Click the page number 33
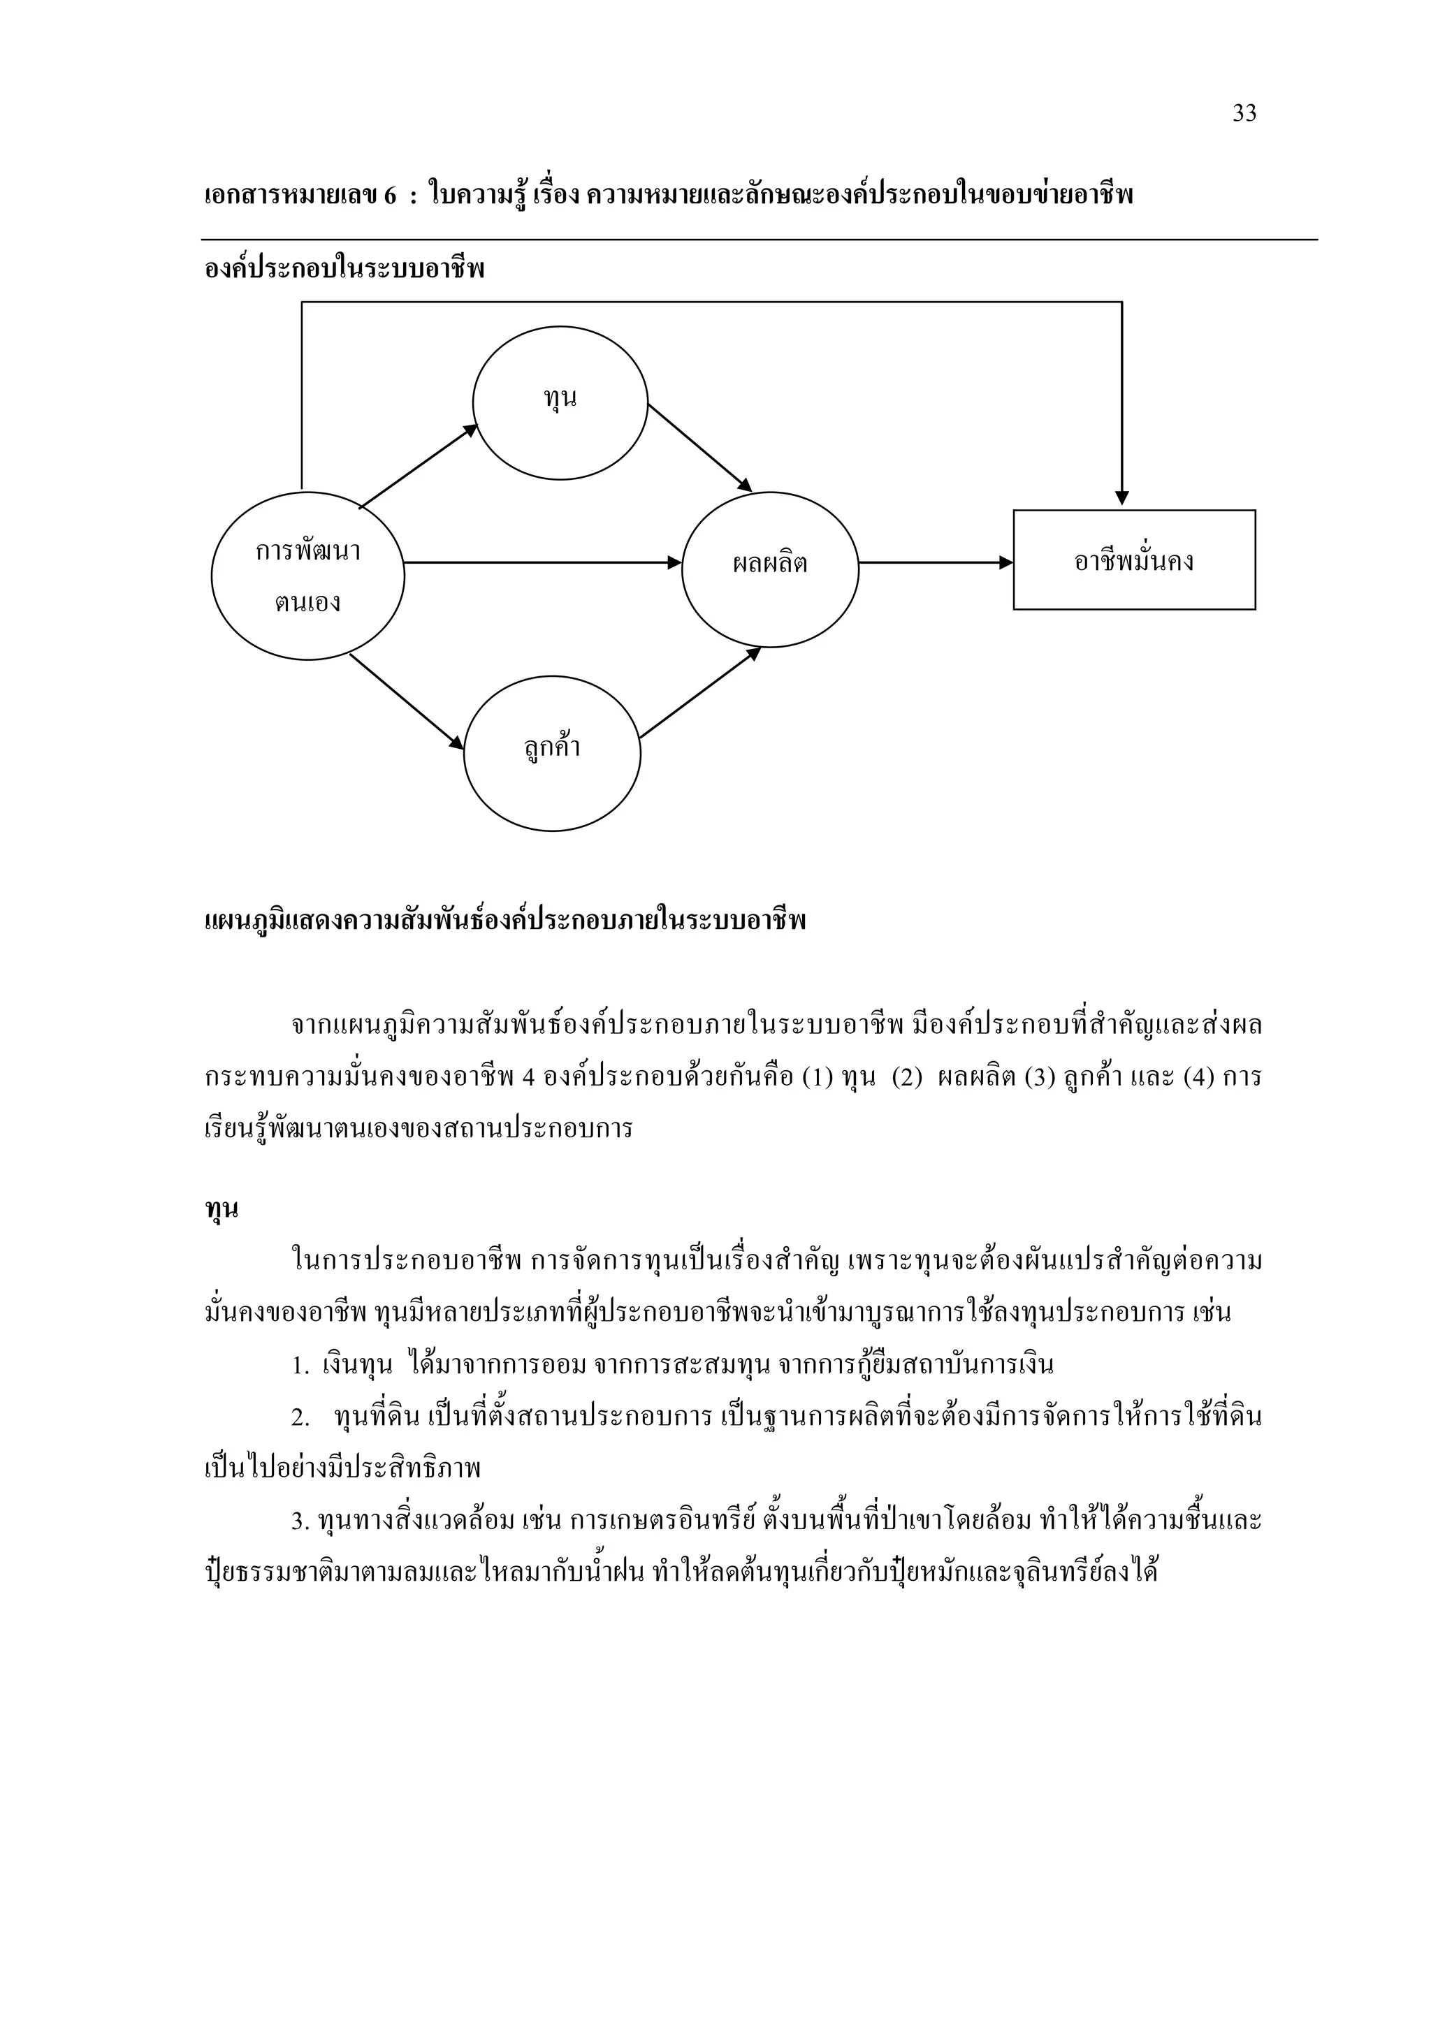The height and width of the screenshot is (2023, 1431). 1243,114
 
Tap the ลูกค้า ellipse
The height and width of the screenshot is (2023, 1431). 551,753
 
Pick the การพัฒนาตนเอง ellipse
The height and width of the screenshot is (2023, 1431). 307,576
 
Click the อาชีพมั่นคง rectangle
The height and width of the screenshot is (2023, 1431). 1133,560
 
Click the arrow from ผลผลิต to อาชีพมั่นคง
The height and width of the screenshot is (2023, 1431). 936,562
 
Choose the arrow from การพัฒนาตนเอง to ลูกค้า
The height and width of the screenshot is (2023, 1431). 406,701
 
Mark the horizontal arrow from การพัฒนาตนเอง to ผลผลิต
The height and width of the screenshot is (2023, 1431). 542,562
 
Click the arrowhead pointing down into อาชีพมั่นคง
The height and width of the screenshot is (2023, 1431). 1121,498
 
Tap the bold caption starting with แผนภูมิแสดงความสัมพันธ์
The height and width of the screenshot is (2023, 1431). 505,921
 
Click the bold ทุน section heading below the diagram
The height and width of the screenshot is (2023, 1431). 221,1208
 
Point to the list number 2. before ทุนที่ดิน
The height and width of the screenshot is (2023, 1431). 300,1417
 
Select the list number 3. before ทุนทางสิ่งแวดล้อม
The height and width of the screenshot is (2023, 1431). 300,1521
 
